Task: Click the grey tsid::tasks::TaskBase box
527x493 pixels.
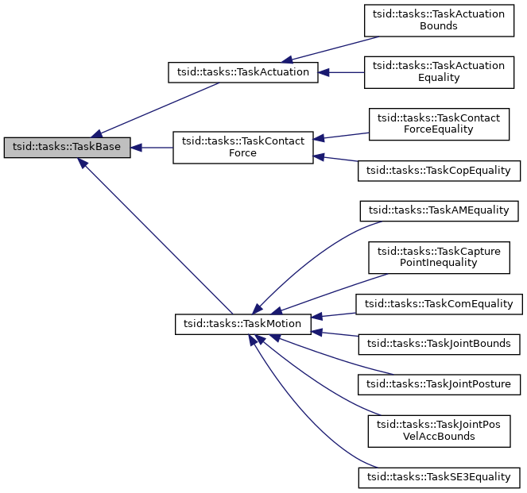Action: coord(68,148)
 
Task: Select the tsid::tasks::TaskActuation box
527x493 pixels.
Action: coord(243,72)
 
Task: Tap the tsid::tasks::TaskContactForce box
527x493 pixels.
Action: coord(243,147)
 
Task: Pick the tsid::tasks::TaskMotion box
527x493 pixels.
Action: coord(243,324)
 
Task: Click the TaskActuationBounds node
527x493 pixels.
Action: coord(438,20)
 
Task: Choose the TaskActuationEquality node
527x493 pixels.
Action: coord(438,72)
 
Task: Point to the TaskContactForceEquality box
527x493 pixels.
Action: coord(438,124)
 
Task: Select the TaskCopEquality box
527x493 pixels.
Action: coord(440,170)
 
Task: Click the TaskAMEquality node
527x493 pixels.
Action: coord(440,210)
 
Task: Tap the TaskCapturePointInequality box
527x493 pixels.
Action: coord(438,256)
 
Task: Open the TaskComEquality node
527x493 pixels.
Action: coord(440,303)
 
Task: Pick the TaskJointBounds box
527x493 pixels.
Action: coord(440,344)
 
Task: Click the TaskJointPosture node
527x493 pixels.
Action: coord(440,384)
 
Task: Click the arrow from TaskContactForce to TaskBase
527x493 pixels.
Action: coord(153,148)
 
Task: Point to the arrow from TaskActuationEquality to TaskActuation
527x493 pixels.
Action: coord(342,72)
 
